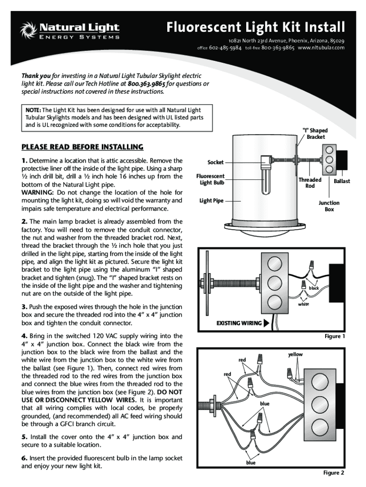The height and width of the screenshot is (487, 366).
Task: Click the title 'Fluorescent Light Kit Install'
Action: [x=255, y=27]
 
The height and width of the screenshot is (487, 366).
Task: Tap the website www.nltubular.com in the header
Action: [x=321, y=48]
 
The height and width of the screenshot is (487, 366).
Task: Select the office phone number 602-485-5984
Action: [x=225, y=48]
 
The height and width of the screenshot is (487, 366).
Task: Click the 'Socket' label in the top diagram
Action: [x=215, y=163]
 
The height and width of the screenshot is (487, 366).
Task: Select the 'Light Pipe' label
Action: [x=212, y=201]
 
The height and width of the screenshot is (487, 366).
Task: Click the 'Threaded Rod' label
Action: [x=310, y=183]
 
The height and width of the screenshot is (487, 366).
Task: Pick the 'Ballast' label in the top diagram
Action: [x=342, y=181]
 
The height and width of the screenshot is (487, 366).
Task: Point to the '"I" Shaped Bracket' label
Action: [x=315, y=134]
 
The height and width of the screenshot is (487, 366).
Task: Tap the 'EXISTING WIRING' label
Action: [x=239, y=323]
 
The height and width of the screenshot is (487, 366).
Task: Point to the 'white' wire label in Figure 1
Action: [x=303, y=304]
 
